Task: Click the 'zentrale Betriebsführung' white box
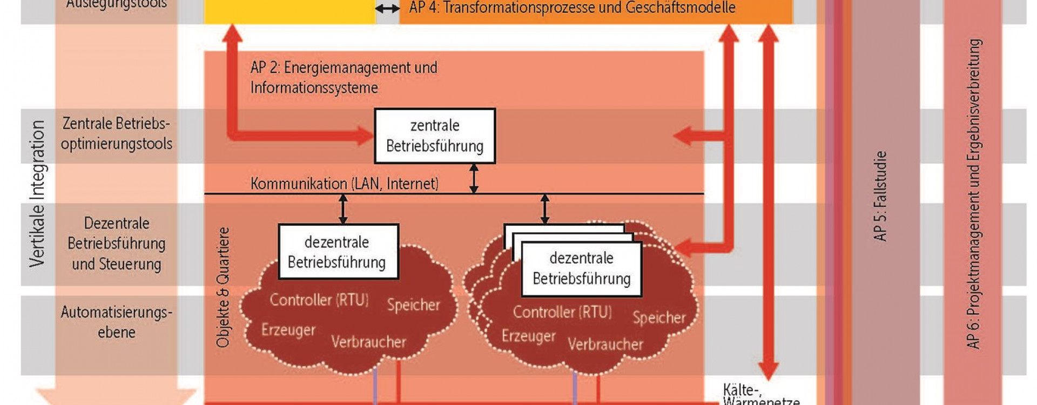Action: (435, 136)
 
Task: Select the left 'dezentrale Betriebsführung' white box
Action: (338, 252)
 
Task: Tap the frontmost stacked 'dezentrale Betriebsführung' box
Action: (582, 268)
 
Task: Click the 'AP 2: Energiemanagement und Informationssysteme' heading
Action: (344, 77)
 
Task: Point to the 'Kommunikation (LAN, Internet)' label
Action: (344, 184)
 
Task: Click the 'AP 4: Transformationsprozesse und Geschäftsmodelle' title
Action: (572, 8)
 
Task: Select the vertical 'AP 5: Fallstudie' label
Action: (880, 195)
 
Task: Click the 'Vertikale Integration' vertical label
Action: (37, 193)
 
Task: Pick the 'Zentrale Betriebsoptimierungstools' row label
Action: (116, 133)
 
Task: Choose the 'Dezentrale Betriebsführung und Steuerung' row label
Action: (117, 244)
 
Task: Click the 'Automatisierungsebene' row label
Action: (117, 322)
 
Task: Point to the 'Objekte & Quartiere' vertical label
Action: (223, 287)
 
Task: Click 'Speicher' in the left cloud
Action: (413, 305)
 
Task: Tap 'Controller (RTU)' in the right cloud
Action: (562, 312)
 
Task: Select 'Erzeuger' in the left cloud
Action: (288, 329)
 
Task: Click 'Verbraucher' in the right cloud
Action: (605, 344)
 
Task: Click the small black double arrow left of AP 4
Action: (387, 9)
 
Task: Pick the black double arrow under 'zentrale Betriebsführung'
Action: (474, 178)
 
